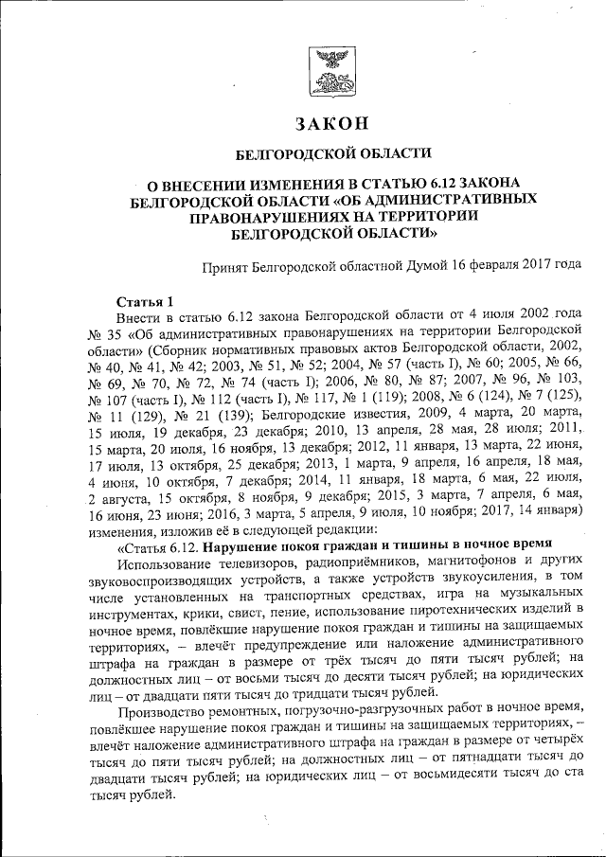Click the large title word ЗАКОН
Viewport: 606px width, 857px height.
pos(331,123)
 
